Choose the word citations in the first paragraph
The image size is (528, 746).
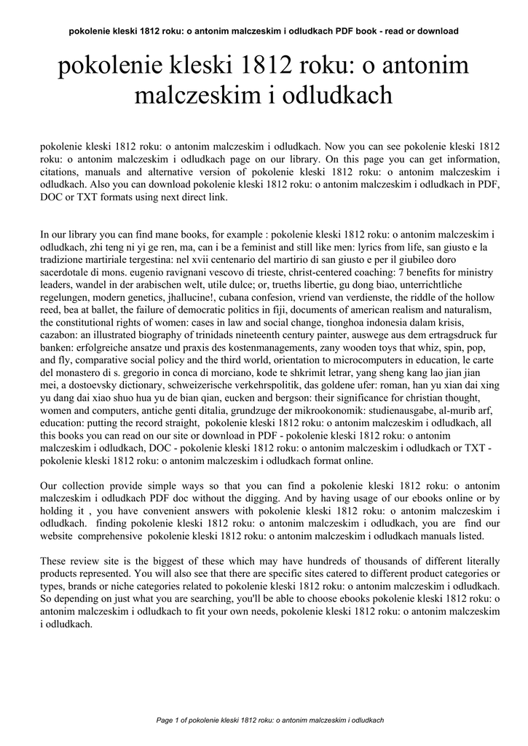pos(60,172)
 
